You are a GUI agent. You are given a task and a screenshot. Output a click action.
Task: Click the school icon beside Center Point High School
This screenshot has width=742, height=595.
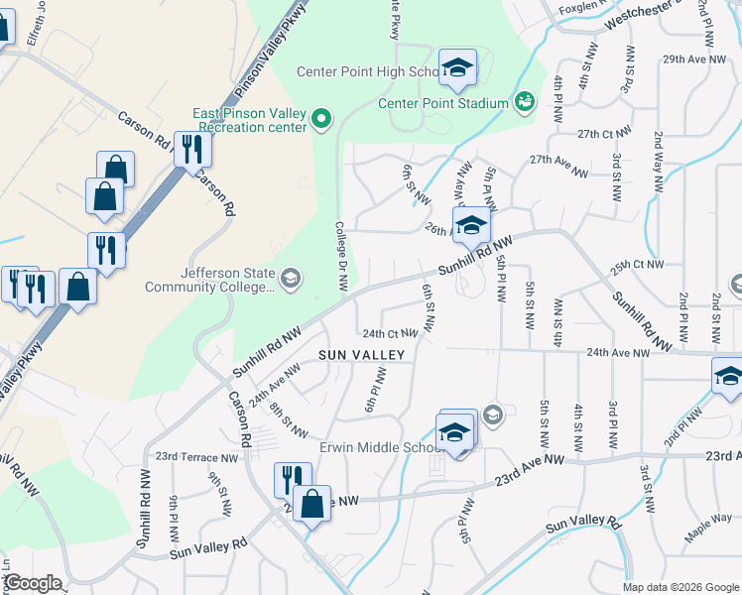point(457,67)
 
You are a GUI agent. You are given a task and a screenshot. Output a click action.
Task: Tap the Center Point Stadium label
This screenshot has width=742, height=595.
point(442,103)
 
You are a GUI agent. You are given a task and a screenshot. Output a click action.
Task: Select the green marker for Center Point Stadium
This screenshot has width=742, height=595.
point(524,101)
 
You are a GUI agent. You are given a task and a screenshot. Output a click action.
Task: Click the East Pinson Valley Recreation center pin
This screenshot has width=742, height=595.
point(320,120)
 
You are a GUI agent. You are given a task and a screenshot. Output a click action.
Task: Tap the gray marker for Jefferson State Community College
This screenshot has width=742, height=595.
point(290,278)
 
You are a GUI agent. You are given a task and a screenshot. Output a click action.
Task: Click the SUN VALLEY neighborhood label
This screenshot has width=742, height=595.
point(361,354)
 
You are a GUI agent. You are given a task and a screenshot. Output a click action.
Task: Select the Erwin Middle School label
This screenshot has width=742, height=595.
point(377,447)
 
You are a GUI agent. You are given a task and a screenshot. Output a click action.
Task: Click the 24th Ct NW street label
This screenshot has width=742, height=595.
point(387,334)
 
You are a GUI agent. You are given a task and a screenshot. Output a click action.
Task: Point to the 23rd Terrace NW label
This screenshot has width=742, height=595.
point(197,457)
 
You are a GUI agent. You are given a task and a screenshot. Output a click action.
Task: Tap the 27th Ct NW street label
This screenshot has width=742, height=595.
point(604,134)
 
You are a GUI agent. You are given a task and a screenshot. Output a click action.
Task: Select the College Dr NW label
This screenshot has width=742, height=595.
point(340,256)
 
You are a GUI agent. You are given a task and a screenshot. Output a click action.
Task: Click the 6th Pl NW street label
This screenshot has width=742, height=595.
point(375,391)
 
